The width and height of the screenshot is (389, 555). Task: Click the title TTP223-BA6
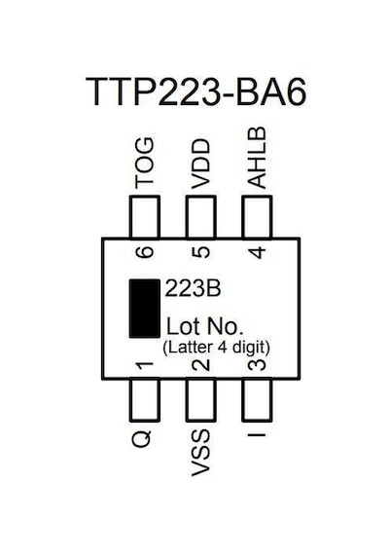pos(195,92)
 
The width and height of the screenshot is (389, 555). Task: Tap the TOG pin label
pos(145,164)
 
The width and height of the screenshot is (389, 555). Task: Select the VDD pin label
pos(200,165)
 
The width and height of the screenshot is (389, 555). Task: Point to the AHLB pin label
pos(257,158)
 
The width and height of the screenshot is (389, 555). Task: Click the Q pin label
pos(142,439)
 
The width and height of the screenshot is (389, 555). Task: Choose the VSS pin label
pos(200,453)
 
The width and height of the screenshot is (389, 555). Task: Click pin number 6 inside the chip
pos(145,252)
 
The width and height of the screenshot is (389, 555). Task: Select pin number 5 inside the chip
pos(200,252)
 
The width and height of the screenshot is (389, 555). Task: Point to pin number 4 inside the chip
pos(257,252)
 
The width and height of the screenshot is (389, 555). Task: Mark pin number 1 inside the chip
pos(145,365)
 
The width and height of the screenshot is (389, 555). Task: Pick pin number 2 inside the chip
pos(200,365)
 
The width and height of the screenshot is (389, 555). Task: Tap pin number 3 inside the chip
pos(257,365)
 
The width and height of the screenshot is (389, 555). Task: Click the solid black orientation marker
pos(144,309)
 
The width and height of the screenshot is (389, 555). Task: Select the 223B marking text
pos(194,288)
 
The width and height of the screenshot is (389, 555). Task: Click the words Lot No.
pos(205,326)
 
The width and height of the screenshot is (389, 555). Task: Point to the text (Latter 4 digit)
pos(217,348)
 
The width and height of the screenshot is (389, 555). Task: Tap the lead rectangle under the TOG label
pos(145,217)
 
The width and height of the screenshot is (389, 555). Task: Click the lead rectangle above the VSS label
pos(200,400)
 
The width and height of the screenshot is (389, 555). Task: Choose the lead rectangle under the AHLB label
pos(257,217)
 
